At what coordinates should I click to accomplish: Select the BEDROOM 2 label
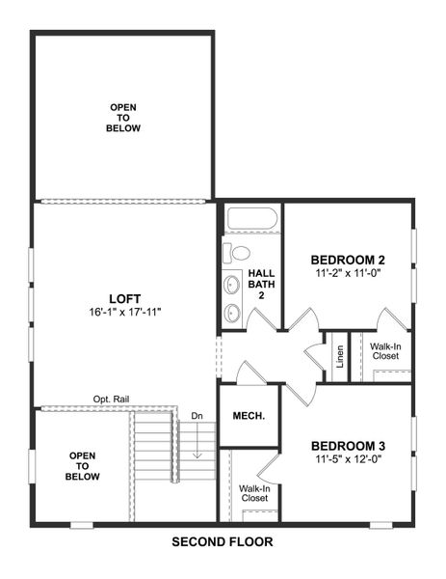coord(348,260)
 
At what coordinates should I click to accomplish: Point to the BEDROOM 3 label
coord(348,445)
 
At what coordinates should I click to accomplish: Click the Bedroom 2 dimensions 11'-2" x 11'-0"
coord(348,274)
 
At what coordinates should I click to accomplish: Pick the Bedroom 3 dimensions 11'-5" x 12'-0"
coord(348,459)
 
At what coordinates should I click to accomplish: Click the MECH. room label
coord(249,416)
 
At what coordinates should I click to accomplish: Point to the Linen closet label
coord(340,356)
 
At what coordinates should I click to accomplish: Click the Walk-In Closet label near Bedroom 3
coord(254,493)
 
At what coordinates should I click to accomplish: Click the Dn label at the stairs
coord(197,416)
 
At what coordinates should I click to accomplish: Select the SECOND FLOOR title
coord(223,542)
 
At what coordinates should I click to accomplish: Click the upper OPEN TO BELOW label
coord(124,117)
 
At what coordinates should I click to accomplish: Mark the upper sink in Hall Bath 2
coord(232,286)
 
